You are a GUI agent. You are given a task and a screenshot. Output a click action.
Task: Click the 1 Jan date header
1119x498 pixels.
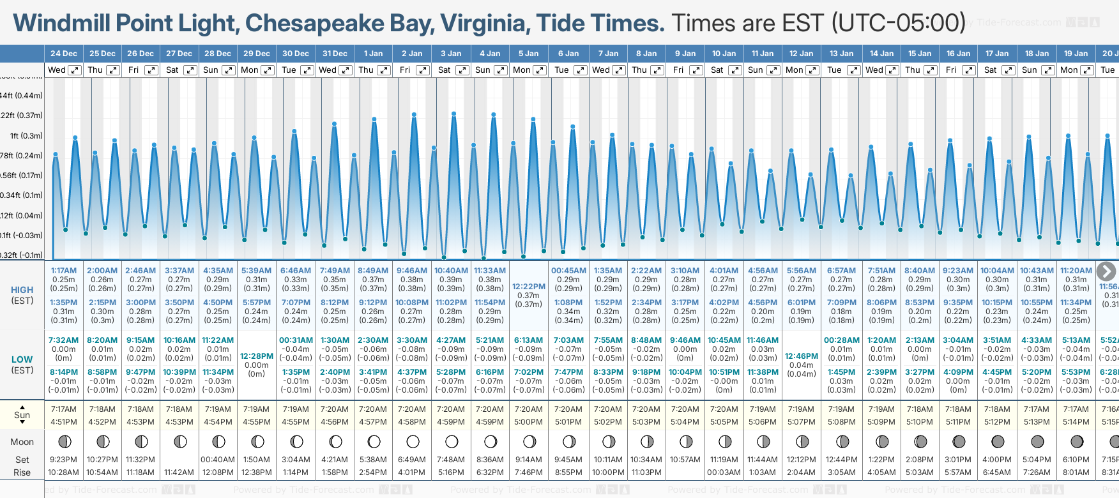point(373,54)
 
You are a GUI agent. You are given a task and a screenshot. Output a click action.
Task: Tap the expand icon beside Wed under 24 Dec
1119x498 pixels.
point(75,70)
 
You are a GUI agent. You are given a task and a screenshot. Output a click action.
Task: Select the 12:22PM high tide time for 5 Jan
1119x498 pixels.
point(528,287)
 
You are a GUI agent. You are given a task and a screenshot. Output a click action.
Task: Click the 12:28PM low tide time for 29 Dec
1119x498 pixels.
point(256,356)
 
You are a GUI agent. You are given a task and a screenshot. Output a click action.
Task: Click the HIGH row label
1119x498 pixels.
point(22,290)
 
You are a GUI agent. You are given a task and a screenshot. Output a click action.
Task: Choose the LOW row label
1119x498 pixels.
point(22,359)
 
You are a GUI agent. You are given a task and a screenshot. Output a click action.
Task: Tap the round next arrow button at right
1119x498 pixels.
point(1106,271)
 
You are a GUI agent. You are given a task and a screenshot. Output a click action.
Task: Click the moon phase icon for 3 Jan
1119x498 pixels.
point(452,441)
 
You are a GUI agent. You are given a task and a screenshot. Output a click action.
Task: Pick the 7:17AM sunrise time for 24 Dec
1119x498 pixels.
point(64,409)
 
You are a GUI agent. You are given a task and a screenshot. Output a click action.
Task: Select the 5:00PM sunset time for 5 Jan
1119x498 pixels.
point(528,422)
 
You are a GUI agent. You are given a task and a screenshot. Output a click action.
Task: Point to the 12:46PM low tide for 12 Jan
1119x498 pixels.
point(801,356)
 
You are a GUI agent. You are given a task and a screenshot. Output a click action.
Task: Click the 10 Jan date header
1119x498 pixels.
point(724,54)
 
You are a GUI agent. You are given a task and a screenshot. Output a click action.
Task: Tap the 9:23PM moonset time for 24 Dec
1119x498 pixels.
point(64,460)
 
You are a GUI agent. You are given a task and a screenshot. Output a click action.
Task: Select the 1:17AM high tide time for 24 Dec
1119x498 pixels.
point(64,271)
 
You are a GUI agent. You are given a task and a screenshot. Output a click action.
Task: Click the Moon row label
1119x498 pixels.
point(22,442)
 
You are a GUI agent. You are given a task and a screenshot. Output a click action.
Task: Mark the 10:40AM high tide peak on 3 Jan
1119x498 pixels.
point(453,114)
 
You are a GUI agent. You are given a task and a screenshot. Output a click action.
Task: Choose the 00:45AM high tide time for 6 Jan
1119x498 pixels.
point(568,271)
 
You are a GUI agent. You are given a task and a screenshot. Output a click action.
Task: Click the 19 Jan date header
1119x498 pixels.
point(1076,54)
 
